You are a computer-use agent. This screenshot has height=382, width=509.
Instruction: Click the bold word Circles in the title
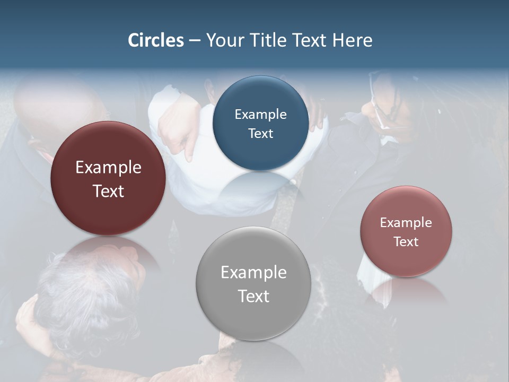pos(156,40)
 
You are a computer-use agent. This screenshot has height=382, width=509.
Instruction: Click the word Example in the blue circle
pos(260,115)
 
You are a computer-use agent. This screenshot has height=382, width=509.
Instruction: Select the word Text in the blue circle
pos(260,133)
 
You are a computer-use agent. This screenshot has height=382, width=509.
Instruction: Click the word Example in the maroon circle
pos(108,168)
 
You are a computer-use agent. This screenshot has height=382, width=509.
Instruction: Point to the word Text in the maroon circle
pos(108,191)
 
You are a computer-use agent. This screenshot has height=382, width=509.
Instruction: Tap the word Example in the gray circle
pos(253,273)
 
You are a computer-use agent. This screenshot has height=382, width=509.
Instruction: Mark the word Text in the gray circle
pos(253,296)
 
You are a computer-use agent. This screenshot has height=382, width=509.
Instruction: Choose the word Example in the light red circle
pos(406,223)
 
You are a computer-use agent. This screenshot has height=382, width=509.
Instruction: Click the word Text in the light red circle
pos(406,242)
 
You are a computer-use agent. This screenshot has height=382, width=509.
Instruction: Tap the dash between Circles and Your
pos(195,41)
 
